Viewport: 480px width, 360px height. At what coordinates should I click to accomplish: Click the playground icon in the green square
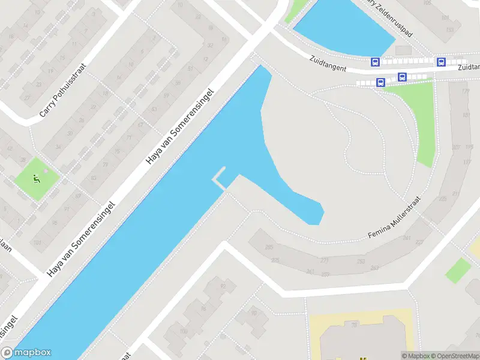(x=37, y=178)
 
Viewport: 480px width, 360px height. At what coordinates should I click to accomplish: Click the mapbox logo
(x=26, y=353)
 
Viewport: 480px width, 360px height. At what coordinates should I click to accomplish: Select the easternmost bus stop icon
(x=441, y=62)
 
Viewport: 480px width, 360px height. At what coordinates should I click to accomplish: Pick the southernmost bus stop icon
(x=380, y=83)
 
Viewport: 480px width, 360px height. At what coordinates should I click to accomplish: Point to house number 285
(x=268, y=247)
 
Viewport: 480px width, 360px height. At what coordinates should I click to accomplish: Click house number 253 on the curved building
(x=361, y=262)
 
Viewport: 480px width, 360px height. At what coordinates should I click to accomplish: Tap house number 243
(x=375, y=268)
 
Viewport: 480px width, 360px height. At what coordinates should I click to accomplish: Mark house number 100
(x=184, y=331)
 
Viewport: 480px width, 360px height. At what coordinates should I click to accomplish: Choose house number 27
(x=27, y=97)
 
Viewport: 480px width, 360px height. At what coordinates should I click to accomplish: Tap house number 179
(x=465, y=92)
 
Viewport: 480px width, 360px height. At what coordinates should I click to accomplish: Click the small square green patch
(x=458, y=270)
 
